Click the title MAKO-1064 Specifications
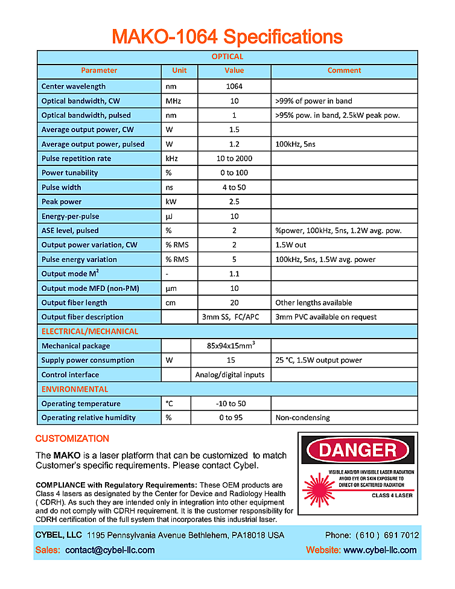tap(227, 37)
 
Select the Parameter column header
tap(99, 71)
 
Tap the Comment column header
tap(344, 71)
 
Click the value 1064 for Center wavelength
tap(234, 86)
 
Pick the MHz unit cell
tap(173, 101)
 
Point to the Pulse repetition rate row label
tap(76, 159)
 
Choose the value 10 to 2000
tap(234, 159)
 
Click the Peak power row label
tap(62, 202)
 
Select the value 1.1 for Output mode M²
tap(234, 274)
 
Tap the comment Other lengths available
tap(314, 303)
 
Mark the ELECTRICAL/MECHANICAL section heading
tap(90, 331)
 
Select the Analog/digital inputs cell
tap(230, 375)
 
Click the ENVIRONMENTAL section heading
tap(75, 389)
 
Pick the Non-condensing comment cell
tap(302, 418)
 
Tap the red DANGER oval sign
tap(357, 450)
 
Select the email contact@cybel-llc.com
tap(110, 550)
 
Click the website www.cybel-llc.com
tap(380, 550)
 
